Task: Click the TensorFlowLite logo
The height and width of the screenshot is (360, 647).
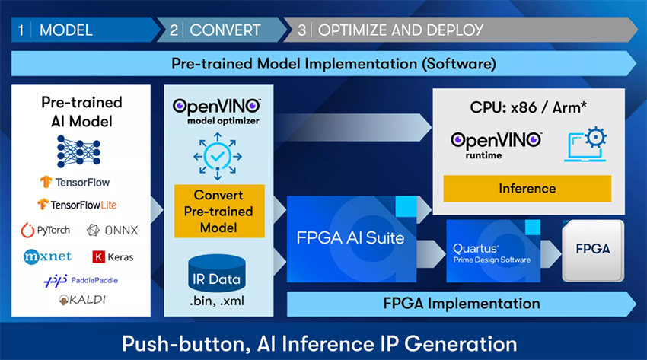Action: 78,205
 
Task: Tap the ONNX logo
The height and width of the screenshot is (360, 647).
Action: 113,230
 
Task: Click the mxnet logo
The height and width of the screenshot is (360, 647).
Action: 47,256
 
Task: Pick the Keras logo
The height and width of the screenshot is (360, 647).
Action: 113,256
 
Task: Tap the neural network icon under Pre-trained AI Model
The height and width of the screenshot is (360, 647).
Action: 80,151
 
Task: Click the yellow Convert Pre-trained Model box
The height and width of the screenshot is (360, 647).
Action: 218,211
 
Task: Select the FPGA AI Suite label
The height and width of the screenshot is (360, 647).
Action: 350,237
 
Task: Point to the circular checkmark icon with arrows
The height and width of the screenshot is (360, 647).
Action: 218,156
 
